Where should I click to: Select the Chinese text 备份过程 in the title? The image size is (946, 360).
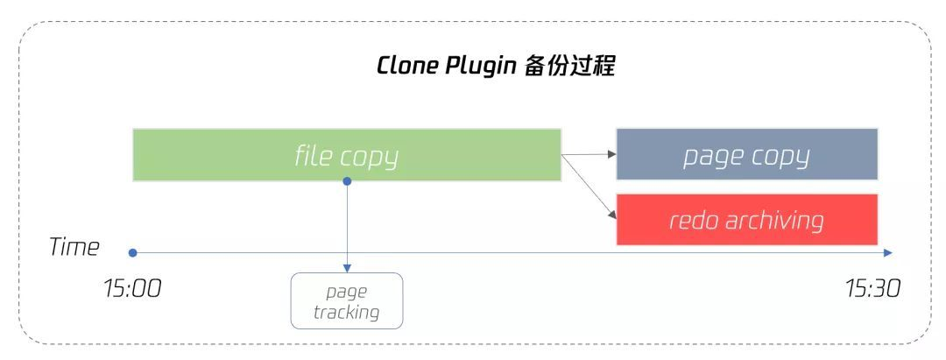[569, 67]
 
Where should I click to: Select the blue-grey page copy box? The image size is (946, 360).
[746, 155]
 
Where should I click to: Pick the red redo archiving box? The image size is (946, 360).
[746, 219]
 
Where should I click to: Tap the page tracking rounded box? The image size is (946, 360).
[347, 300]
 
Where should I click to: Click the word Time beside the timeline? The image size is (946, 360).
[74, 247]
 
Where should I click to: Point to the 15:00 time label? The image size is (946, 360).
[132, 288]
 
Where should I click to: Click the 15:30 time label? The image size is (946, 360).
[872, 288]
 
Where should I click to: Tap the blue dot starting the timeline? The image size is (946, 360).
[132, 253]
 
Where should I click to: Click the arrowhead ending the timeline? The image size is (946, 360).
[887, 253]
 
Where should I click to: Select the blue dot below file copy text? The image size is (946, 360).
[347, 181]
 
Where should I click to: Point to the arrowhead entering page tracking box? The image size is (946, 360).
[347, 267]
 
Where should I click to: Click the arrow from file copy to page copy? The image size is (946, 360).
[589, 154]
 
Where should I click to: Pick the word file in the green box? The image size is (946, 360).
[314, 156]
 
